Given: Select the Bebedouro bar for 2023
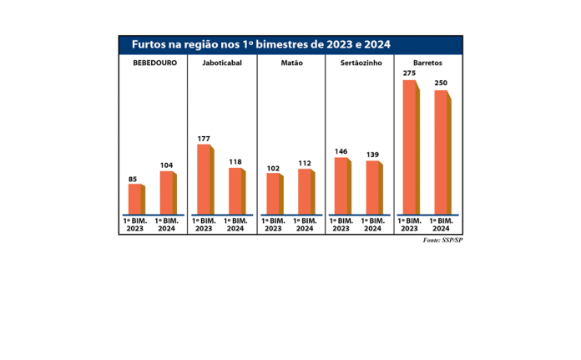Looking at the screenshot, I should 136,199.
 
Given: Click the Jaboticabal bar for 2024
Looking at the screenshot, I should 237,190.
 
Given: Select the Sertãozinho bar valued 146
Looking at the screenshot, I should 342,185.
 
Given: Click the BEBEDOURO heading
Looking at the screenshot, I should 154,64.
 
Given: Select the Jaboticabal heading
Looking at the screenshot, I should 222,64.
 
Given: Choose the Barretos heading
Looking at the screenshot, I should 427,64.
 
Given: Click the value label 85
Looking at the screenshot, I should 134,178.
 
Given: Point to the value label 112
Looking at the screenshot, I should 305,164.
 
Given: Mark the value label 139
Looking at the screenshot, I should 372,155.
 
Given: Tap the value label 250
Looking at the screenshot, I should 441,84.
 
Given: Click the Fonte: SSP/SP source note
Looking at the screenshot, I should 442,241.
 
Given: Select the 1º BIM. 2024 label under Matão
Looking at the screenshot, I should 305,225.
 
